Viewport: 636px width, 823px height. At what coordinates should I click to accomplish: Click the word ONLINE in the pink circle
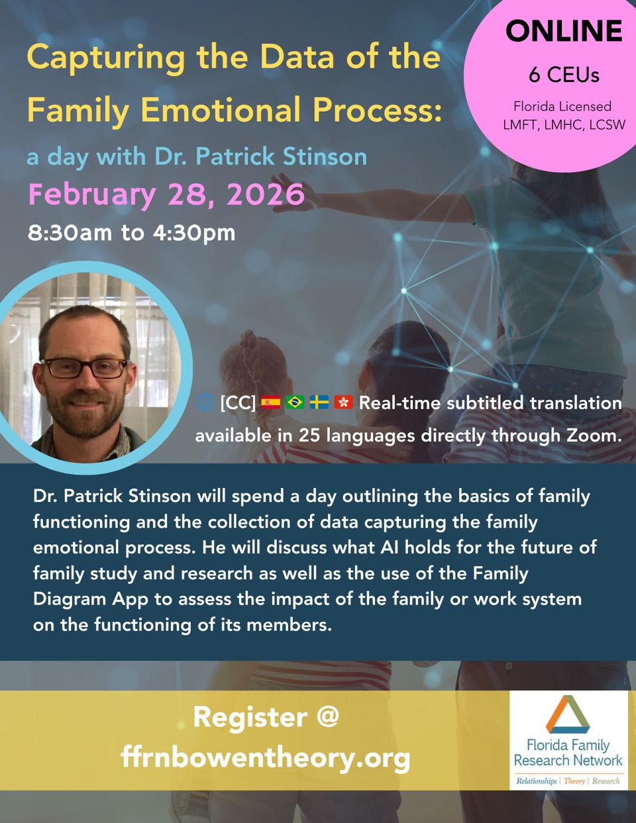(x=564, y=31)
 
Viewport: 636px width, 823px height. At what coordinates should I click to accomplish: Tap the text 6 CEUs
(x=564, y=75)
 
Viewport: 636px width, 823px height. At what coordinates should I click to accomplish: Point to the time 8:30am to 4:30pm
(x=131, y=233)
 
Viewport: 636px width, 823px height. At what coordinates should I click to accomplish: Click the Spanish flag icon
(x=270, y=402)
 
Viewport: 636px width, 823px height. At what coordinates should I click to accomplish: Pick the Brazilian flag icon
(x=295, y=402)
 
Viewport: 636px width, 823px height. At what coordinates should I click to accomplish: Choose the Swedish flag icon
(x=319, y=402)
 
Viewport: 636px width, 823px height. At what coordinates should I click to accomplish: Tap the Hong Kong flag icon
(x=344, y=402)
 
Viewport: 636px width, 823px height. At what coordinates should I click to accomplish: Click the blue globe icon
(x=205, y=402)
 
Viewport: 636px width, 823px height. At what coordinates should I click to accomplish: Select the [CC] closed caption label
(x=238, y=403)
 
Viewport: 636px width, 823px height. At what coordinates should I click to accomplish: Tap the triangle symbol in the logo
(x=567, y=714)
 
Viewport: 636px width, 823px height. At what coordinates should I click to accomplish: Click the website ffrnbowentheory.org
(x=266, y=757)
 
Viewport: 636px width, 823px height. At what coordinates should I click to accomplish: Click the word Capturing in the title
(x=106, y=58)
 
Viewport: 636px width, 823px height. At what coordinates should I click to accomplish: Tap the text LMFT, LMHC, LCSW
(x=564, y=125)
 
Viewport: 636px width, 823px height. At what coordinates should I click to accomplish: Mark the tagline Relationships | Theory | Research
(x=568, y=781)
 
